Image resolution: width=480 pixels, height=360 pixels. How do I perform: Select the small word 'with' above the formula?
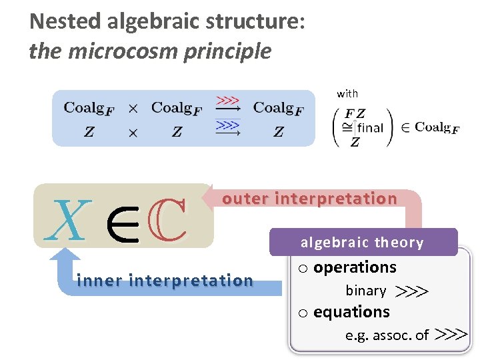pos(347,94)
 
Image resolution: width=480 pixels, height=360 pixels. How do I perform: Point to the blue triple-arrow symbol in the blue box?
pos(228,125)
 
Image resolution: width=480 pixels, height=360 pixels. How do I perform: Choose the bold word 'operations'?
pos(355,267)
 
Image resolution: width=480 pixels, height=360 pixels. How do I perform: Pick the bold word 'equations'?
pos(351,312)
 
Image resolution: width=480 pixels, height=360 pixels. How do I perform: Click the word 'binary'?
pos(365,291)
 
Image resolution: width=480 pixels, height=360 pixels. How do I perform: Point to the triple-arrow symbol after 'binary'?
pos(411,291)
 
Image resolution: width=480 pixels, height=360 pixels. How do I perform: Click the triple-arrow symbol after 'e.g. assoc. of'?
pos(450,335)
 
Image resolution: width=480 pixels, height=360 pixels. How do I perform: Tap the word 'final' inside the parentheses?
pos(370,127)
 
